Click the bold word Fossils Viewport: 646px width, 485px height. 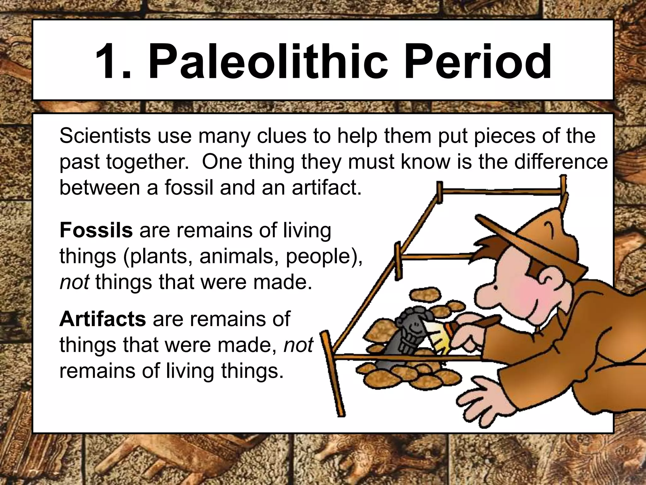point(96,230)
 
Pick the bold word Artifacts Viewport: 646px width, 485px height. point(103,319)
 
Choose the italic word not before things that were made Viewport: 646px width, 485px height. point(74,282)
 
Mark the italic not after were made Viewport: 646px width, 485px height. point(298,345)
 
